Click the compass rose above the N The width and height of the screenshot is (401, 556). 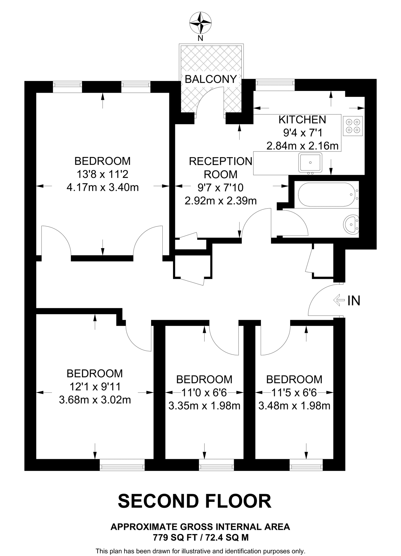[x=200, y=23]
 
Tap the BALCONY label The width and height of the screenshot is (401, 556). [x=211, y=79]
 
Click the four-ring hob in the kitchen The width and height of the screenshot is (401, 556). [x=353, y=126]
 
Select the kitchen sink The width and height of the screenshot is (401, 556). [x=310, y=162]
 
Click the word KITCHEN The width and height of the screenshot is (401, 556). [x=302, y=120]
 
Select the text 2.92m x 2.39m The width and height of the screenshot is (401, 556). [x=220, y=201]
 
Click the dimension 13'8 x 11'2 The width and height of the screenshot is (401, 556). [x=102, y=174]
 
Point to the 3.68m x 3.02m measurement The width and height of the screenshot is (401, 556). [x=95, y=400]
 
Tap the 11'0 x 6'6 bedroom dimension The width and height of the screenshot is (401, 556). [x=204, y=393]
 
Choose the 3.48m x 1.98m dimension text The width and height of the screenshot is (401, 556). [x=294, y=406]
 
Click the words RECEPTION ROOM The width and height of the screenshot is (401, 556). [x=220, y=168]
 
